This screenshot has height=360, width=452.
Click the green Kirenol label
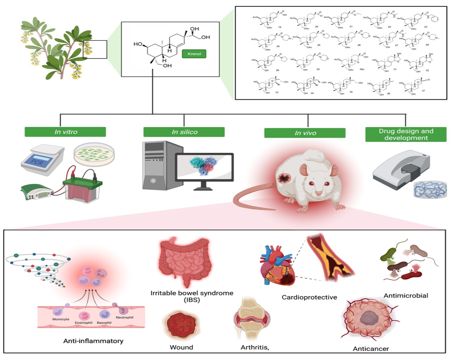coord(194,54)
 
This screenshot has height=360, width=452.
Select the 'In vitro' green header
coord(65,132)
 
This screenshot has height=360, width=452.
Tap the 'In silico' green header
coord(184,132)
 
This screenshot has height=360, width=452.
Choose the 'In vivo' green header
coord(305,133)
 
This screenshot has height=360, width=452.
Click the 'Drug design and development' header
coord(406,134)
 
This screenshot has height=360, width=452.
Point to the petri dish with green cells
coord(94,154)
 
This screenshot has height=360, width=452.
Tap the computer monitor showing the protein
coord(204,167)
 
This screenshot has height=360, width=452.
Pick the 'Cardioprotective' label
coord(309,297)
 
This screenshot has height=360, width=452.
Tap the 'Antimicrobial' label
coord(406,296)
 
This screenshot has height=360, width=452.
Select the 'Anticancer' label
coord(371,349)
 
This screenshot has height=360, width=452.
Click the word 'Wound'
coord(181,347)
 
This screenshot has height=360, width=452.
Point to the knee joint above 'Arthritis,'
coord(252,319)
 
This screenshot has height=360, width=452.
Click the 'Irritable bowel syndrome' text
coord(192,293)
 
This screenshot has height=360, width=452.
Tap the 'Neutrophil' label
coord(124,317)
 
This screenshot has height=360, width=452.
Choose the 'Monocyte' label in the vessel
coord(61,319)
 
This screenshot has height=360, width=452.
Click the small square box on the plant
coord(95,49)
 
